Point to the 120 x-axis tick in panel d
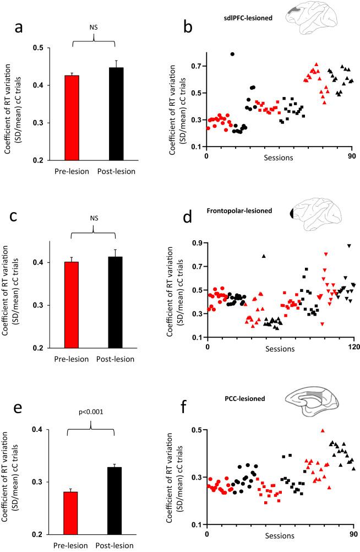tap(353, 347)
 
